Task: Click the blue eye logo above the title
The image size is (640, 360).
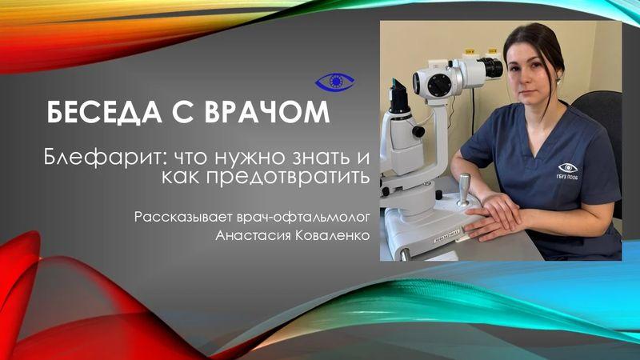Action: (334, 80)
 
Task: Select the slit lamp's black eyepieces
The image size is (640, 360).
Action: (490, 69)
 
